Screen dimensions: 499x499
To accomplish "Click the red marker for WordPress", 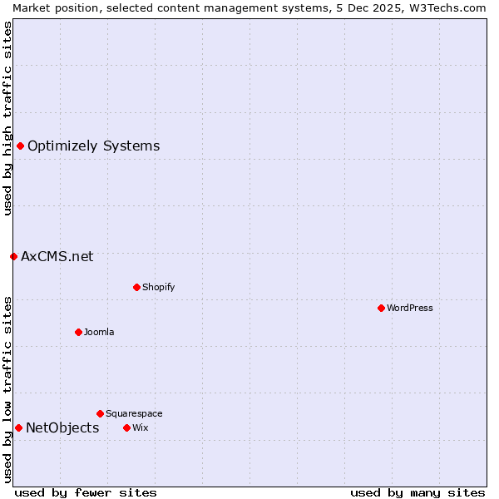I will click(x=381, y=308).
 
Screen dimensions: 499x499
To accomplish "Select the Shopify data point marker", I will click(x=136, y=287).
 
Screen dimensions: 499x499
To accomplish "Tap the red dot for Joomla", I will click(x=78, y=332).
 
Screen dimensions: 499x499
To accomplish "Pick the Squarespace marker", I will click(x=100, y=413).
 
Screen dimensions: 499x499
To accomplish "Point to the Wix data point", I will click(x=126, y=427).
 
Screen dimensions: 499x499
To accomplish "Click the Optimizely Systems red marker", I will click(x=20, y=146).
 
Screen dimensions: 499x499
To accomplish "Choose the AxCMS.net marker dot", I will click(x=13, y=256).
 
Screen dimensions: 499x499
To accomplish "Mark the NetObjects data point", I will click(x=18, y=427).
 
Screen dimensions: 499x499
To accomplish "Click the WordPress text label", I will click(x=410, y=308).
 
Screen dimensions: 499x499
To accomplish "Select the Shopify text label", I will click(x=158, y=287).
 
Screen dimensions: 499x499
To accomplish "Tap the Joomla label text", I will click(x=99, y=332).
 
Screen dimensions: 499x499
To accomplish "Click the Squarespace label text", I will click(x=134, y=413).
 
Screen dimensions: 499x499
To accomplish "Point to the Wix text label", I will click(x=140, y=427).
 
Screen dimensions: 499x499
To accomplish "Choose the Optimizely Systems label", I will click(x=93, y=146).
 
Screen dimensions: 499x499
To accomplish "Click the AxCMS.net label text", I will click(x=57, y=256).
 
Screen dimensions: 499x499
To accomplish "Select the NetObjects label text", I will click(x=62, y=427).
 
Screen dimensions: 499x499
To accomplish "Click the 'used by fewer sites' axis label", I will click(x=86, y=492).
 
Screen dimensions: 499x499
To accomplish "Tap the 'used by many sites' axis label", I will click(x=417, y=492).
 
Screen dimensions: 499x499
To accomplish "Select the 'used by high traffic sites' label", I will click(x=7, y=118).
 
